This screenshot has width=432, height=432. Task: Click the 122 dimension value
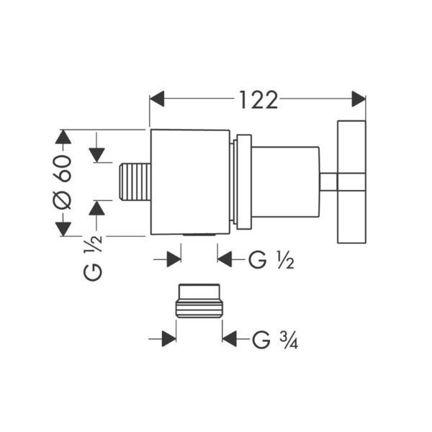[258, 100]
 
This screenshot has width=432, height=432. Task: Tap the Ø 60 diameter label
[62, 182]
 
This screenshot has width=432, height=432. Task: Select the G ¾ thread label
[275, 340]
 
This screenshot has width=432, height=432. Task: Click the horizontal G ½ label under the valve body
[271, 260]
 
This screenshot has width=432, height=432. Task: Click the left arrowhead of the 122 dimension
[157, 99]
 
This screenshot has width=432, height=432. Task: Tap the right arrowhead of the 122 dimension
[359, 99]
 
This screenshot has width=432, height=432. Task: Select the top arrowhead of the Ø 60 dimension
[63, 137]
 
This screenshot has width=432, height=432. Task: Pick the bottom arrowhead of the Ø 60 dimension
[63, 229]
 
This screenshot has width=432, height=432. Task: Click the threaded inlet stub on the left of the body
[135, 181]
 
